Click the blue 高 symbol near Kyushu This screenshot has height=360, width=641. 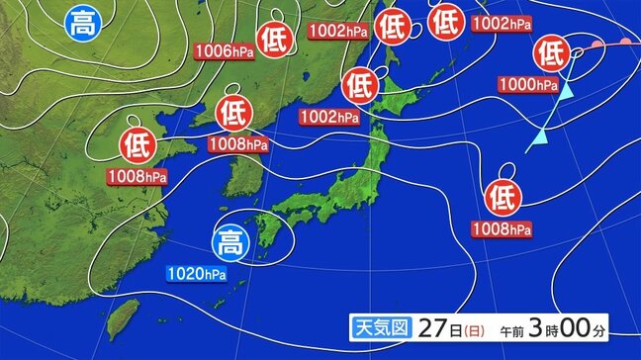pos(231,240)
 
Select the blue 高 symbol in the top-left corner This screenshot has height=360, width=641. pos(80,23)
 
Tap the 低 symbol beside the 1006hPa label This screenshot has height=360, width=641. pos(273,38)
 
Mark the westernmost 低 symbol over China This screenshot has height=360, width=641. pos(137,145)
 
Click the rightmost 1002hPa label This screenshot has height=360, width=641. pos(500,24)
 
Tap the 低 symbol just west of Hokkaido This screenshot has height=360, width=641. pos(357,85)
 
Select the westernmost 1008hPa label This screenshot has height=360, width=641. pos(137,177)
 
